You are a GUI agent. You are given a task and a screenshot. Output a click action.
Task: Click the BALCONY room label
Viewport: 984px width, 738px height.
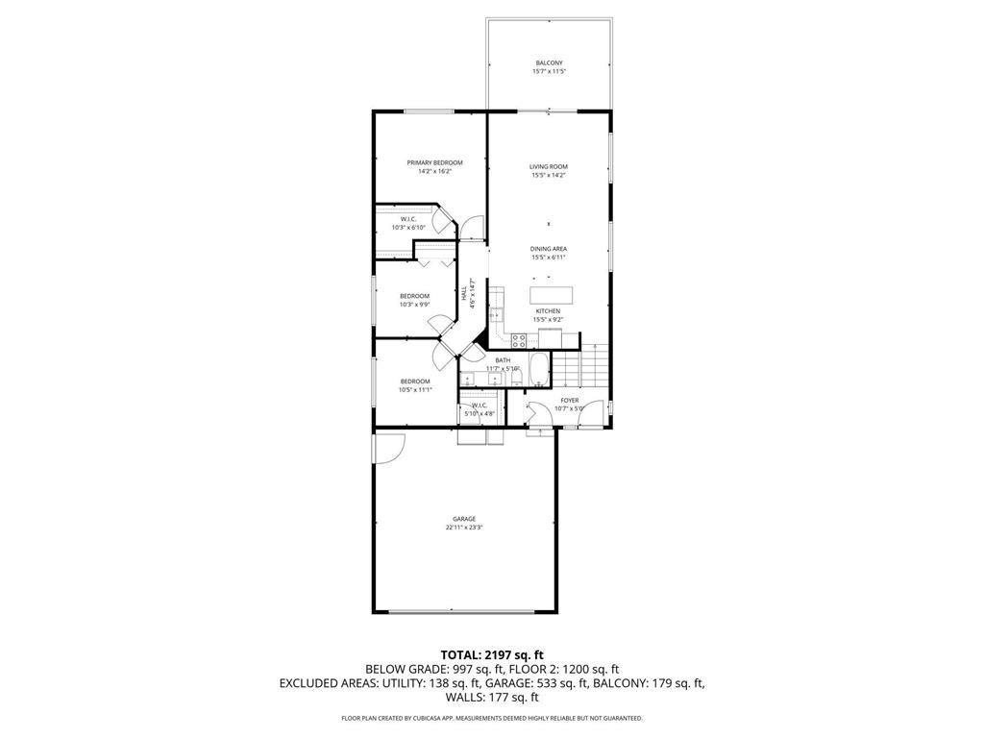point(549,63)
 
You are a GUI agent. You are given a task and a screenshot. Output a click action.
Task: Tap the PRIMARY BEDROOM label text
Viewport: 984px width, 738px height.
point(434,162)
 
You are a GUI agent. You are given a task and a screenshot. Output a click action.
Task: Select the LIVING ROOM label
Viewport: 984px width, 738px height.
point(549,166)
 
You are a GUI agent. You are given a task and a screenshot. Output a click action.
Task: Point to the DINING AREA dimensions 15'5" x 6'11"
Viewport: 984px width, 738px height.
point(549,258)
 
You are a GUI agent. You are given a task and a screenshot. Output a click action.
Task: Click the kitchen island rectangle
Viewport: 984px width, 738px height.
point(551,294)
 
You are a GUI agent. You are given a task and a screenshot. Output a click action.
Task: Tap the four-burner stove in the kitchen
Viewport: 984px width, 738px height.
point(519,338)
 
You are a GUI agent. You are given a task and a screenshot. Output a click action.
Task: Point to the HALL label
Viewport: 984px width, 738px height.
point(464,291)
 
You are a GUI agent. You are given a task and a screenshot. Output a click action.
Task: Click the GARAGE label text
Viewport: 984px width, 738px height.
point(465,519)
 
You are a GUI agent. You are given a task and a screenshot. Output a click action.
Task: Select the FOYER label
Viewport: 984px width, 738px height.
point(570,400)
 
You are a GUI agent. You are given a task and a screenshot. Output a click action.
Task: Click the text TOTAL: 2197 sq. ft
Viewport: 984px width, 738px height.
point(491,654)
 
